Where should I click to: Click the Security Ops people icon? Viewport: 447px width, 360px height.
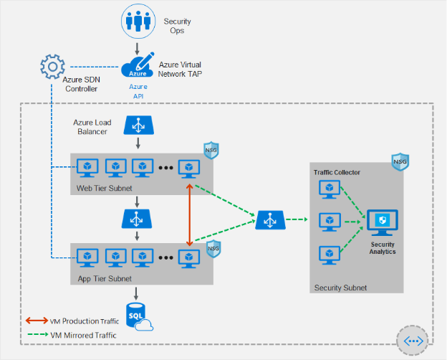click(138, 21)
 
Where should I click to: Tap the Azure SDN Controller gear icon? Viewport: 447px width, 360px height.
click(52, 67)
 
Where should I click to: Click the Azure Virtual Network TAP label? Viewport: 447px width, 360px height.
click(180, 70)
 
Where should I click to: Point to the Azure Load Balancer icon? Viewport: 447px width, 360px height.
click(138, 125)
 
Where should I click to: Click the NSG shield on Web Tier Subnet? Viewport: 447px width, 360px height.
click(211, 150)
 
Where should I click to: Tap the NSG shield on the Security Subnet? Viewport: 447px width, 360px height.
click(400, 162)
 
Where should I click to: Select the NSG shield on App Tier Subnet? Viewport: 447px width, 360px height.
click(213, 248)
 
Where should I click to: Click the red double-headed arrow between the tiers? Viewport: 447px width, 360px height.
click(190, 215)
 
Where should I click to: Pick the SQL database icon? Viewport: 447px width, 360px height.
click(139, 316)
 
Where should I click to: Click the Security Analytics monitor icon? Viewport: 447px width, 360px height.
click(383, 223)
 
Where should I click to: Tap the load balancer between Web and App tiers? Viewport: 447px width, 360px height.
click(137, 219)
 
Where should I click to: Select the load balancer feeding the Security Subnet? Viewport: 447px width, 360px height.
click(270, 220)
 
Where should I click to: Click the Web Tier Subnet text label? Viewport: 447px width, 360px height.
click(105, 189)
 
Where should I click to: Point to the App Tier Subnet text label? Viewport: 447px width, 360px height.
click(105, 279)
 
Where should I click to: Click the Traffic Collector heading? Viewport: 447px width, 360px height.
click(337, 172)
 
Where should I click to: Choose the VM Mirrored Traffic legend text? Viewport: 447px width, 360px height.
click(83, 335)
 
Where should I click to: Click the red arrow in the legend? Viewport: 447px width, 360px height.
click(37, 321)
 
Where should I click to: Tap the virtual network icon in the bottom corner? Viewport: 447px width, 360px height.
click(413, 341)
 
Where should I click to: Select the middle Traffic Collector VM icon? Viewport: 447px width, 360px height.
click(330, 222)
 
